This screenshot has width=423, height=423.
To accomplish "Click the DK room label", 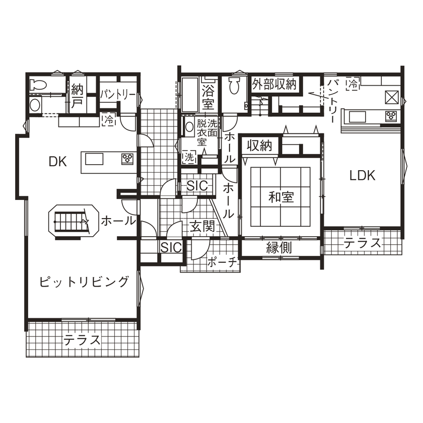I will [58, 161].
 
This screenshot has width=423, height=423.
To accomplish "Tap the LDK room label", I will [363, 175].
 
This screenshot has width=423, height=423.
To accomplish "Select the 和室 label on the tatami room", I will [281, 197].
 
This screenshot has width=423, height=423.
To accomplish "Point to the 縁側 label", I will [278, 248].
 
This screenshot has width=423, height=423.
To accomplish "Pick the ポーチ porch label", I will [221, 262].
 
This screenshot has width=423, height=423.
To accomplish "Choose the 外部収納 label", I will [274, 84].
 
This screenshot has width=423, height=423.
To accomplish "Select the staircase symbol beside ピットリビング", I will [71, 221].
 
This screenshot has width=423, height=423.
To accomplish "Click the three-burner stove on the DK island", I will [127, 159].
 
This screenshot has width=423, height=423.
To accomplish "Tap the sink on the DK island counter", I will [94, 159].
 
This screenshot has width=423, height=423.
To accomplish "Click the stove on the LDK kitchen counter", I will [391, 116].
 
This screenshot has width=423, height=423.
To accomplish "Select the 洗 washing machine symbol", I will [189, 157].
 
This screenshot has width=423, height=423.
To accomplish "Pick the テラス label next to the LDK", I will [363, 244].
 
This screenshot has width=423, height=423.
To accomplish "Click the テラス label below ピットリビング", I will [82, 340].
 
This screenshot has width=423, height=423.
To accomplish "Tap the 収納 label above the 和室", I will [259, 146].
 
